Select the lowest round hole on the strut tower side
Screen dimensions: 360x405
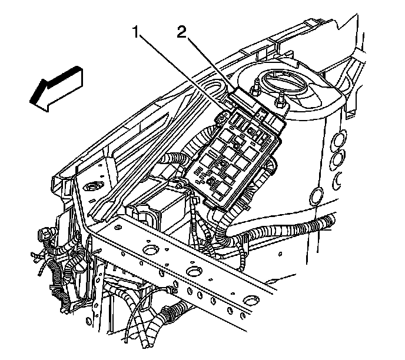pyautogui.click(x=318, y=195)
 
